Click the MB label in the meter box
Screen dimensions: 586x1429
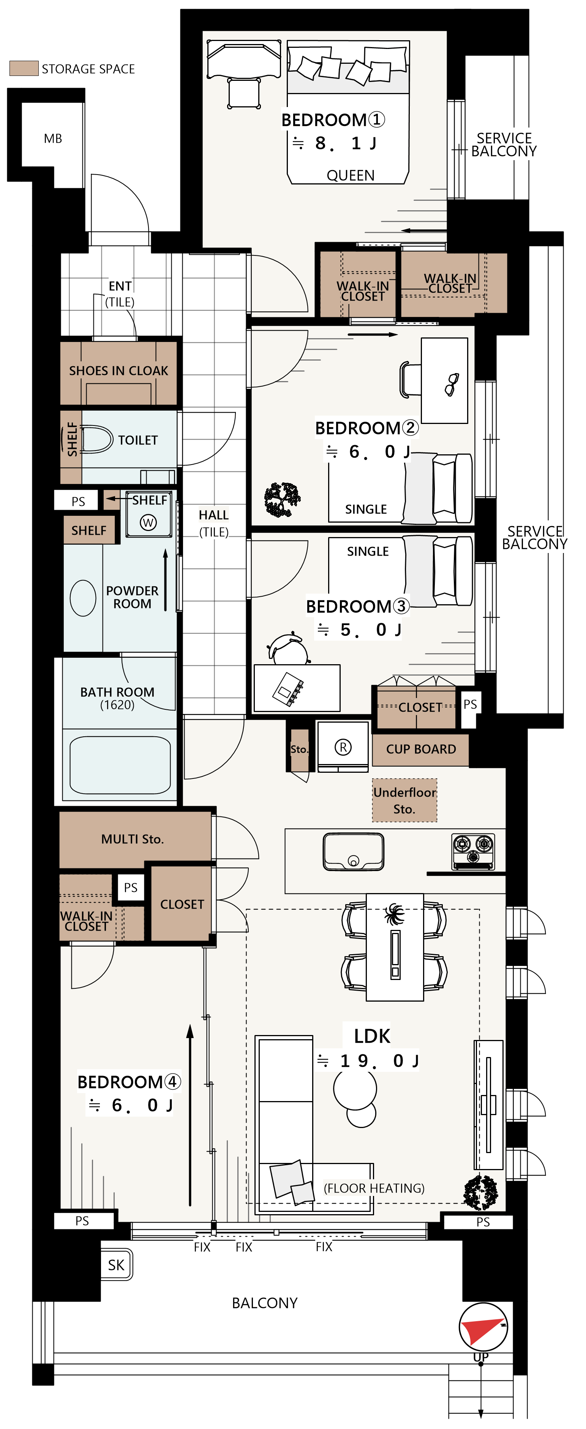point(53,139)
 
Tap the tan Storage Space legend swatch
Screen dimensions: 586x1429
point(24,68)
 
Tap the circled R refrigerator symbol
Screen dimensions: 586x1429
point(343,747)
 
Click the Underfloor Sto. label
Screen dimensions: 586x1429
point(404,800)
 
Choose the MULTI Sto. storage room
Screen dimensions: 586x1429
point(135,839)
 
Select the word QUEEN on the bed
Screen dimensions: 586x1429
point(350,175)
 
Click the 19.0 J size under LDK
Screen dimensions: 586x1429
point(379,1061)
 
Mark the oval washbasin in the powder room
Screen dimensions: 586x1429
point(83,598)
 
